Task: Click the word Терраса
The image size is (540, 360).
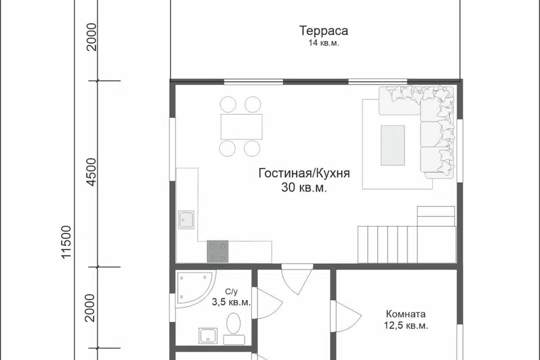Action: [x=323, y=30]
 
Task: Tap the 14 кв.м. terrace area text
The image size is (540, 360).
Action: [x=323, y=43]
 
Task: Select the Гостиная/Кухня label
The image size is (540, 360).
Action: [x=304, y=173]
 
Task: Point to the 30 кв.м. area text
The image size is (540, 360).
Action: [x=304, y=188]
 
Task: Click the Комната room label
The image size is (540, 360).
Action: [x=406, y=314]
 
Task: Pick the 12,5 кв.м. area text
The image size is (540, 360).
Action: [x=406, y=326]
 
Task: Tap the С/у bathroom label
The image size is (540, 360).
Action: [x=231, y=291]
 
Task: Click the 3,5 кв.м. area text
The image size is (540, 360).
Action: [x=231, y=302]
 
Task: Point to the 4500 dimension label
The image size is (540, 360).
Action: [x=92, y=173]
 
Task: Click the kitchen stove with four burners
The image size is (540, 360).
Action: [x=218, y=251]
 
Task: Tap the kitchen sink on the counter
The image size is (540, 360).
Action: [x=187, y=219]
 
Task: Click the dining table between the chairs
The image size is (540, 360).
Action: [x=241, y=127]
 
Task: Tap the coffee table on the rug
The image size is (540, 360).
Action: [x=393, y=145]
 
